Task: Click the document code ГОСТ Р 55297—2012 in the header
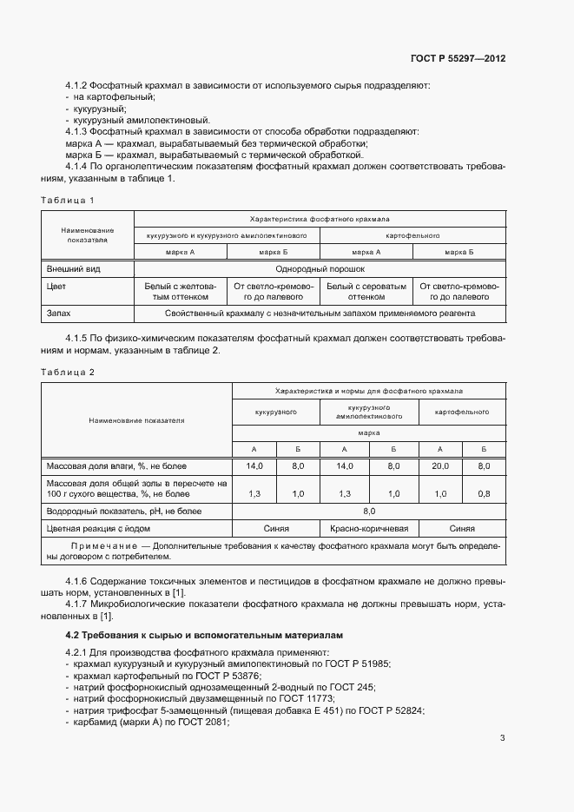click(x=458, y=59)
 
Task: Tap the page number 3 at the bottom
click(x=502, y=738)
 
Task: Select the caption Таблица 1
click(x=68, y=201)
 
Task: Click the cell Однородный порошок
click(x=320, y=269)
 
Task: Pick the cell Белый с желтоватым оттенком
click(x=180, y=290)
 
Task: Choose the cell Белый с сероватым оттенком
click(x=366, y=290)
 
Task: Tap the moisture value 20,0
click(x=440, y=466)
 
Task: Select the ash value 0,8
click(x=484, y=493)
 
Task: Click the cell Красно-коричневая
click(x=369, y=527)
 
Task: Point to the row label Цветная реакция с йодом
click(x=99, y=527)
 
